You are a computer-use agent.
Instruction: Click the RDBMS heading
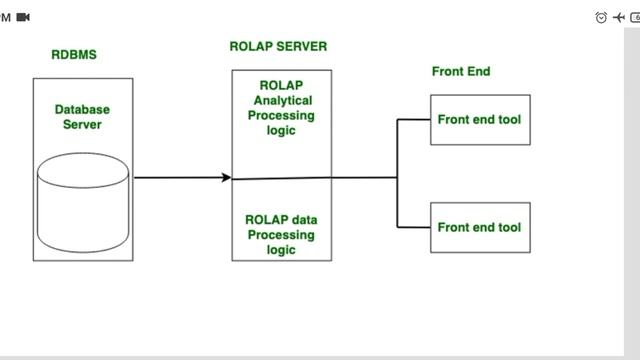(74, 55)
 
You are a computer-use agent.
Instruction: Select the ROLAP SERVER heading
(278, 46)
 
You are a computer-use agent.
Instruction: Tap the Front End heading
(461, 71)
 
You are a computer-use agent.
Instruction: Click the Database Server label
(82, 116)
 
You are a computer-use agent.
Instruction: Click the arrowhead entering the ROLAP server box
(226, 178)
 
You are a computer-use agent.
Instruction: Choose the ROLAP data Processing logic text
(281, 234)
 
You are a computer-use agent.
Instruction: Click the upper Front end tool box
(480, 120)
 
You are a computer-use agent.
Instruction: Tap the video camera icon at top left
(23, 17)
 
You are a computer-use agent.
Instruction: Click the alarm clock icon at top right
(601, 17)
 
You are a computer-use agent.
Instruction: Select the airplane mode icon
(618, 17)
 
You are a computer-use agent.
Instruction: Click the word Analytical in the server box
(283, 101)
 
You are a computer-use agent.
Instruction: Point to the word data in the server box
(303, 219)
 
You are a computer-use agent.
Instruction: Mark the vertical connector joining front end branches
(398, 173)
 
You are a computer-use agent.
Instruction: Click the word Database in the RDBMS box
(82, 109)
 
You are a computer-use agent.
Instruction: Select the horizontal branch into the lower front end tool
(414, 227)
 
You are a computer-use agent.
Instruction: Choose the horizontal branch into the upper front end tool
(414, 120)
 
